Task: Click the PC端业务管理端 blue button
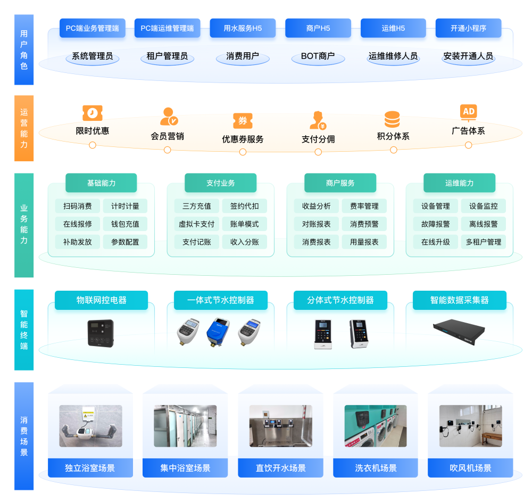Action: pyautogui.click(x=93, y=28)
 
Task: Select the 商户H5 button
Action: pyautogui.click(x=318, y=28)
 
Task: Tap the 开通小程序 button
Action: pyautogui.click(x=468, y=28)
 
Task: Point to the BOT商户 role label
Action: pyautogui.click(x=318, y=56)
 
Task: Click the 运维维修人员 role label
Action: pyautogui.click(x=393, y=56)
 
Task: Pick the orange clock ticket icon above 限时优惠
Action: pyautogui.click(x=93, y=113)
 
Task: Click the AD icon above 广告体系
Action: pyautogui.click(x=468, y=112)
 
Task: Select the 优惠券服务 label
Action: pyautogui.click(x=243, y=139)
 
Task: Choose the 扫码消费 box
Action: pyautogui.click(x=78, y=206)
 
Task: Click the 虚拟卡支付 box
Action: pyautogui.click(x=197, y=224)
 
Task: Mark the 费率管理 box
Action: pyautogui.click(x=364, y=206)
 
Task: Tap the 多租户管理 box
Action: pyautogui.click(x=483, y=242)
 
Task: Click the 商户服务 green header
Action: pyautogui.click(x=340, y=183)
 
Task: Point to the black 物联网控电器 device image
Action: pyautogui.click(x=101, y=333)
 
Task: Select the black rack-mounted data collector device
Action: pyautogui.click(x=459, y=331)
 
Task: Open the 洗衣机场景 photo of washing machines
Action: pyautogui.click(x=375, y=426)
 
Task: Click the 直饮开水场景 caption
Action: pyautogui.click(x=280, y=468)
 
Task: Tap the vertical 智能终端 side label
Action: pyautogui.click(x=24, y=330)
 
